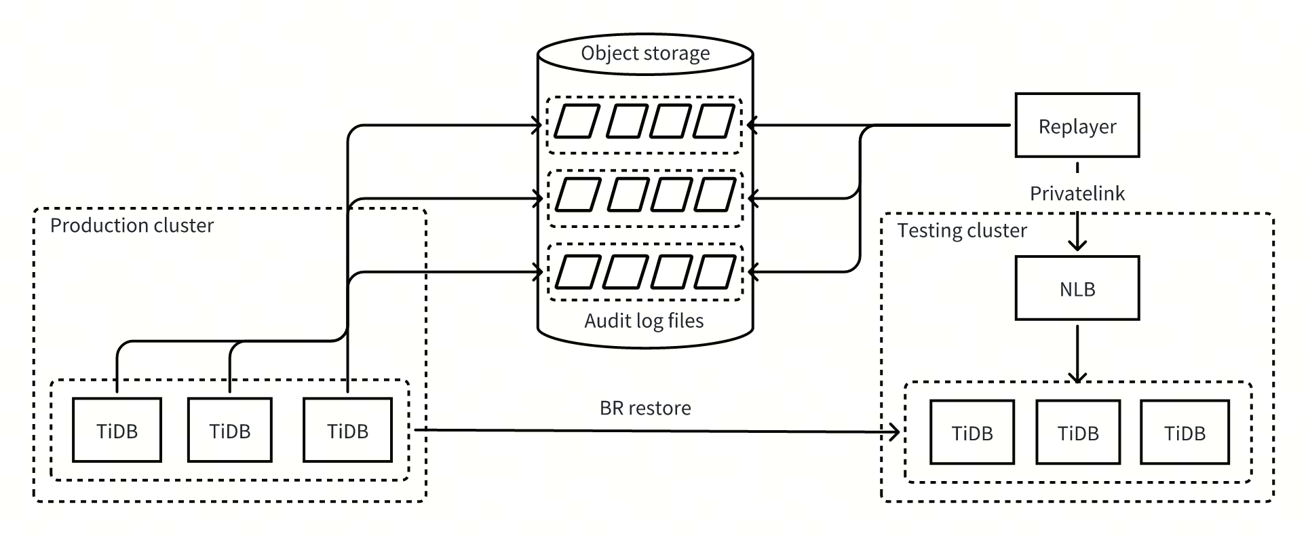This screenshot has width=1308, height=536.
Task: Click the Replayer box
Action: pos(1077,126)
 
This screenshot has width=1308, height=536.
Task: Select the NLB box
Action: pos(1077,288)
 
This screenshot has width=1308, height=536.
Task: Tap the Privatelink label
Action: pos(1077,193)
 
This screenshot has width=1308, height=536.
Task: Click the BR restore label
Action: pos(645,408)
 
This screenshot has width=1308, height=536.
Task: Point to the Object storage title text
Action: pos(645,53)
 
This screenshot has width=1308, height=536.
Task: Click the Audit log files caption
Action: pos(644,320)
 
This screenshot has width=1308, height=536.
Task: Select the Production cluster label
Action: pos(132,225)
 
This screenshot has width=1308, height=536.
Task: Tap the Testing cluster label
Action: pos(961,231)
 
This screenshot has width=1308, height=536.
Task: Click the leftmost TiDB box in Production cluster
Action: pos(117,430)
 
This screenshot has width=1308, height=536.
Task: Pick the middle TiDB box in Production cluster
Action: pos(229,430)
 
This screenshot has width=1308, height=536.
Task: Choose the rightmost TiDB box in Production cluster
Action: pos(347,430)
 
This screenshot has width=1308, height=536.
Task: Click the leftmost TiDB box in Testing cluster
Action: pos(972,432)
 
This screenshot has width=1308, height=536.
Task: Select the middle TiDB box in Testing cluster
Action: pos(1077,432)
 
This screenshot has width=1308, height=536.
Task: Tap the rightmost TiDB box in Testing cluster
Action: pos(1185,432)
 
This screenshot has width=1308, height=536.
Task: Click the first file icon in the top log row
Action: pos(577,121)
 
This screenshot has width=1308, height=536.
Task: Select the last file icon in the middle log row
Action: pos(714,195)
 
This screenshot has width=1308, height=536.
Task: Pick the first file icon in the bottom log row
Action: pos(577,272)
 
